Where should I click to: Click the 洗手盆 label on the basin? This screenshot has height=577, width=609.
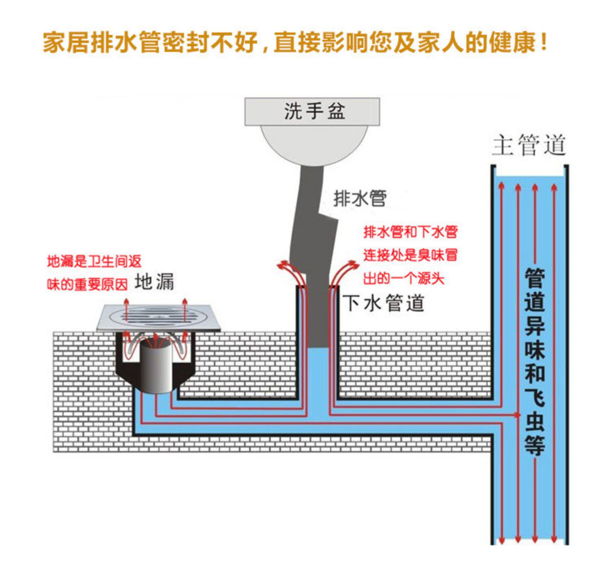(314, 111)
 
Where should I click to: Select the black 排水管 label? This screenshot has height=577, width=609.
(359, 198)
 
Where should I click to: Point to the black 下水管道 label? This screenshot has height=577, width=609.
(383, 303)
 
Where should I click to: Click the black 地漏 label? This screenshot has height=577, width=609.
(154, 282)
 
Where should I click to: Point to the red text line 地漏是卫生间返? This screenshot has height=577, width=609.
(94, 262)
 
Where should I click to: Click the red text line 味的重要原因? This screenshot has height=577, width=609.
(87, 284)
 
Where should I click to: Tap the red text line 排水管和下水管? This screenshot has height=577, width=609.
(410, 232)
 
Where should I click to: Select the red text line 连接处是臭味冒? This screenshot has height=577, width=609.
(410, 255)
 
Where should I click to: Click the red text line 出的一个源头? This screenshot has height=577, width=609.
(404, 278)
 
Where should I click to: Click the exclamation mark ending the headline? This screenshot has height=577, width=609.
(544, 43)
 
